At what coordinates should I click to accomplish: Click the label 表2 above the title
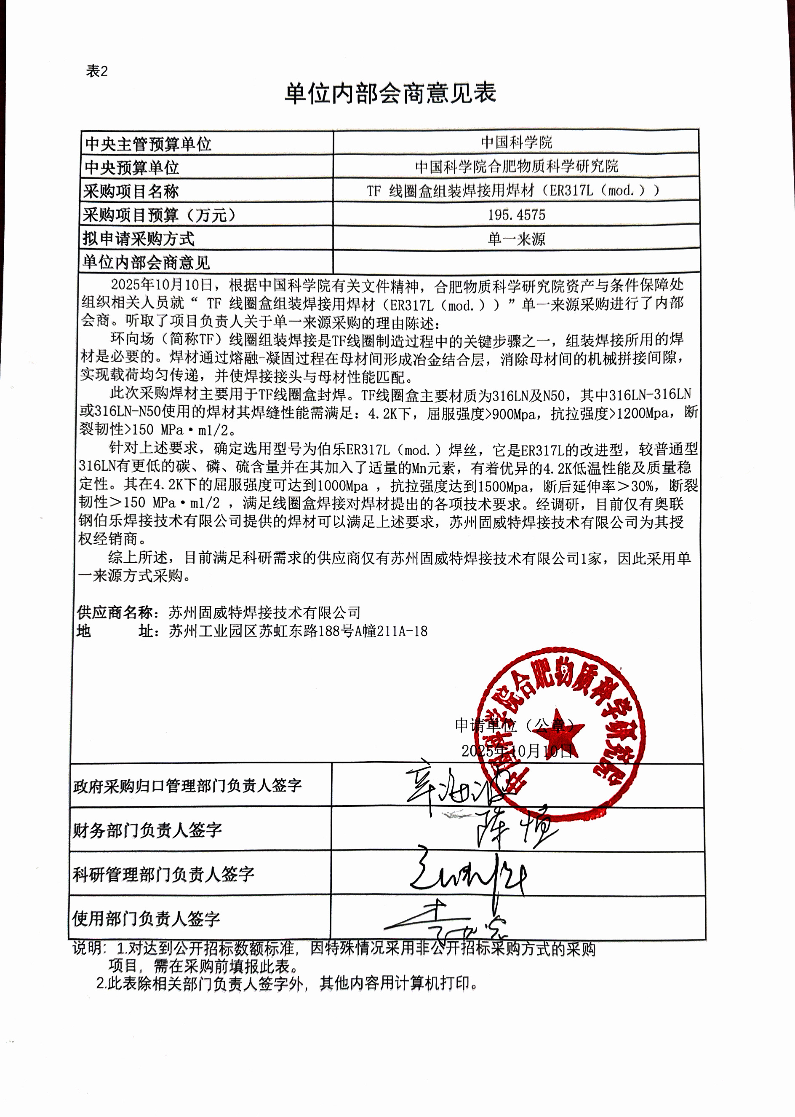pos(96,72)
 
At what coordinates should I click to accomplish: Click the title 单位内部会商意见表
pos(390,93)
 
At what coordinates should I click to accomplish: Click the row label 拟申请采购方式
pos(139,239)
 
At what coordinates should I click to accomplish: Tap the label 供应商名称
pos(115,612)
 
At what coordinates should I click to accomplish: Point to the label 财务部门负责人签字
pos(147,830)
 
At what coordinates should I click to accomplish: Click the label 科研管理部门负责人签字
pos(163,874)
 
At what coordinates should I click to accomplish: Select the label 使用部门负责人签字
pos(146,918)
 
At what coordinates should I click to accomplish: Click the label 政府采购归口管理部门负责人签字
pos(187,786)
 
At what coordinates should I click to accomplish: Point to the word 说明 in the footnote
pos(87,948)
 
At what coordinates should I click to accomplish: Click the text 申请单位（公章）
pos(514,725)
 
